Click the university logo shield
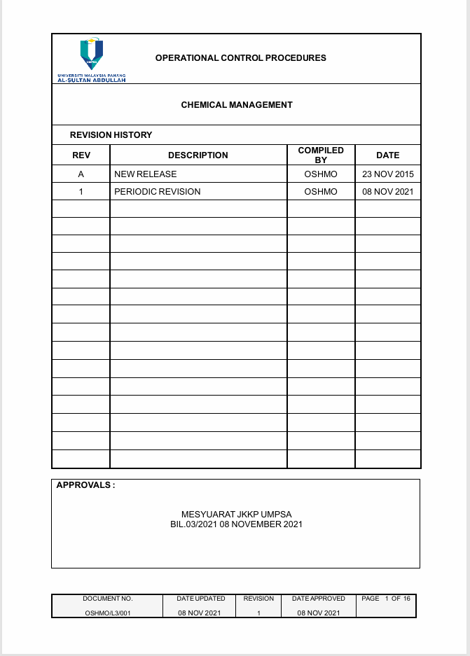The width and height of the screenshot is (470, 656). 92,53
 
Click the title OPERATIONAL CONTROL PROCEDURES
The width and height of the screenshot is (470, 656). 241,58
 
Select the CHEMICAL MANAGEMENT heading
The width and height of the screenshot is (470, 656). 237,105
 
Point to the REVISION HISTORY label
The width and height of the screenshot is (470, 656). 111,135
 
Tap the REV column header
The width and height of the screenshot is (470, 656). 81,155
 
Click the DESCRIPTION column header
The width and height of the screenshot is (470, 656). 198,155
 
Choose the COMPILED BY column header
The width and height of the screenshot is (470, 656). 321,155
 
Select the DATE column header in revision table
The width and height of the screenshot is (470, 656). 387,155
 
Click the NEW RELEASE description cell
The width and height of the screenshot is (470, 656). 146,174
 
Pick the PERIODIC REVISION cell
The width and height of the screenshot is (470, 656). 158,192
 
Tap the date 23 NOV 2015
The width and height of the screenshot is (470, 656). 387,174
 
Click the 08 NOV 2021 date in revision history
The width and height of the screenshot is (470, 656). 387,192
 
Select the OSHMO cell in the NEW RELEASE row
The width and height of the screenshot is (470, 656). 321,174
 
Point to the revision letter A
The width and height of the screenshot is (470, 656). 81,174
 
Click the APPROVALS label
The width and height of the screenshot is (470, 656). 85,485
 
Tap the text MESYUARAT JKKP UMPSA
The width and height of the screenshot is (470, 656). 237,515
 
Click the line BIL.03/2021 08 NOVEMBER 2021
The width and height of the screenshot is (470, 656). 237,524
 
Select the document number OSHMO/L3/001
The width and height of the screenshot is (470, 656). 107,613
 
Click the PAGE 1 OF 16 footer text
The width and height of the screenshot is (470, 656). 386,599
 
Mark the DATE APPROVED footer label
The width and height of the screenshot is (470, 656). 319,599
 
